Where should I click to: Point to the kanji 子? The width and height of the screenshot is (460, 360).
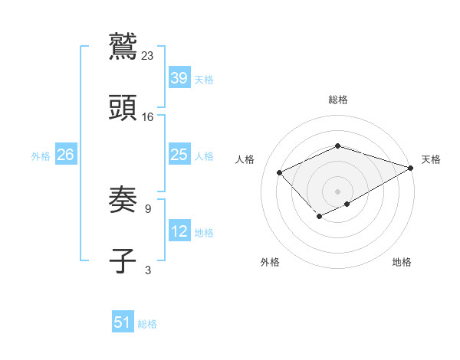(123, 261)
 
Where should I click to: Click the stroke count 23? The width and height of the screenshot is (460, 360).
(148, 55)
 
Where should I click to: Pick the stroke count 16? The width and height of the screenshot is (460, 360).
(148, 117)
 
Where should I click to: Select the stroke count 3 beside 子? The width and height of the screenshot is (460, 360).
(147, 270)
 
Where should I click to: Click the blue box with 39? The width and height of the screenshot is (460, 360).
(179, 79)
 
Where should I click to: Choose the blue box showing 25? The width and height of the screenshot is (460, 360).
(179, 155)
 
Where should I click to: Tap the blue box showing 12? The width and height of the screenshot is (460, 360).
(179, 232)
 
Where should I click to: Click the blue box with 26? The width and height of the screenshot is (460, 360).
(65, 155)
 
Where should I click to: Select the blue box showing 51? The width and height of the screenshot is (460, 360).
(123, 322)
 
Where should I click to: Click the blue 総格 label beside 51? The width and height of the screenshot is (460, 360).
(147, 324)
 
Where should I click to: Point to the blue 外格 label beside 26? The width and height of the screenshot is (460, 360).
(41, 156)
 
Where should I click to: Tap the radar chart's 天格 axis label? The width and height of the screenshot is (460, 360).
(431, 159)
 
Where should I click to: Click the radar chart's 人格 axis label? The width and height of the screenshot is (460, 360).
(245, 159)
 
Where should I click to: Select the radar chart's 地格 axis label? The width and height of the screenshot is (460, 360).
(402, 262)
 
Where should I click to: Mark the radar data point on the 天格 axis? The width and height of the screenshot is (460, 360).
(412, 166)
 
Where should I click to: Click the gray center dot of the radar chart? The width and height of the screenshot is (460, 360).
(337, 191)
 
